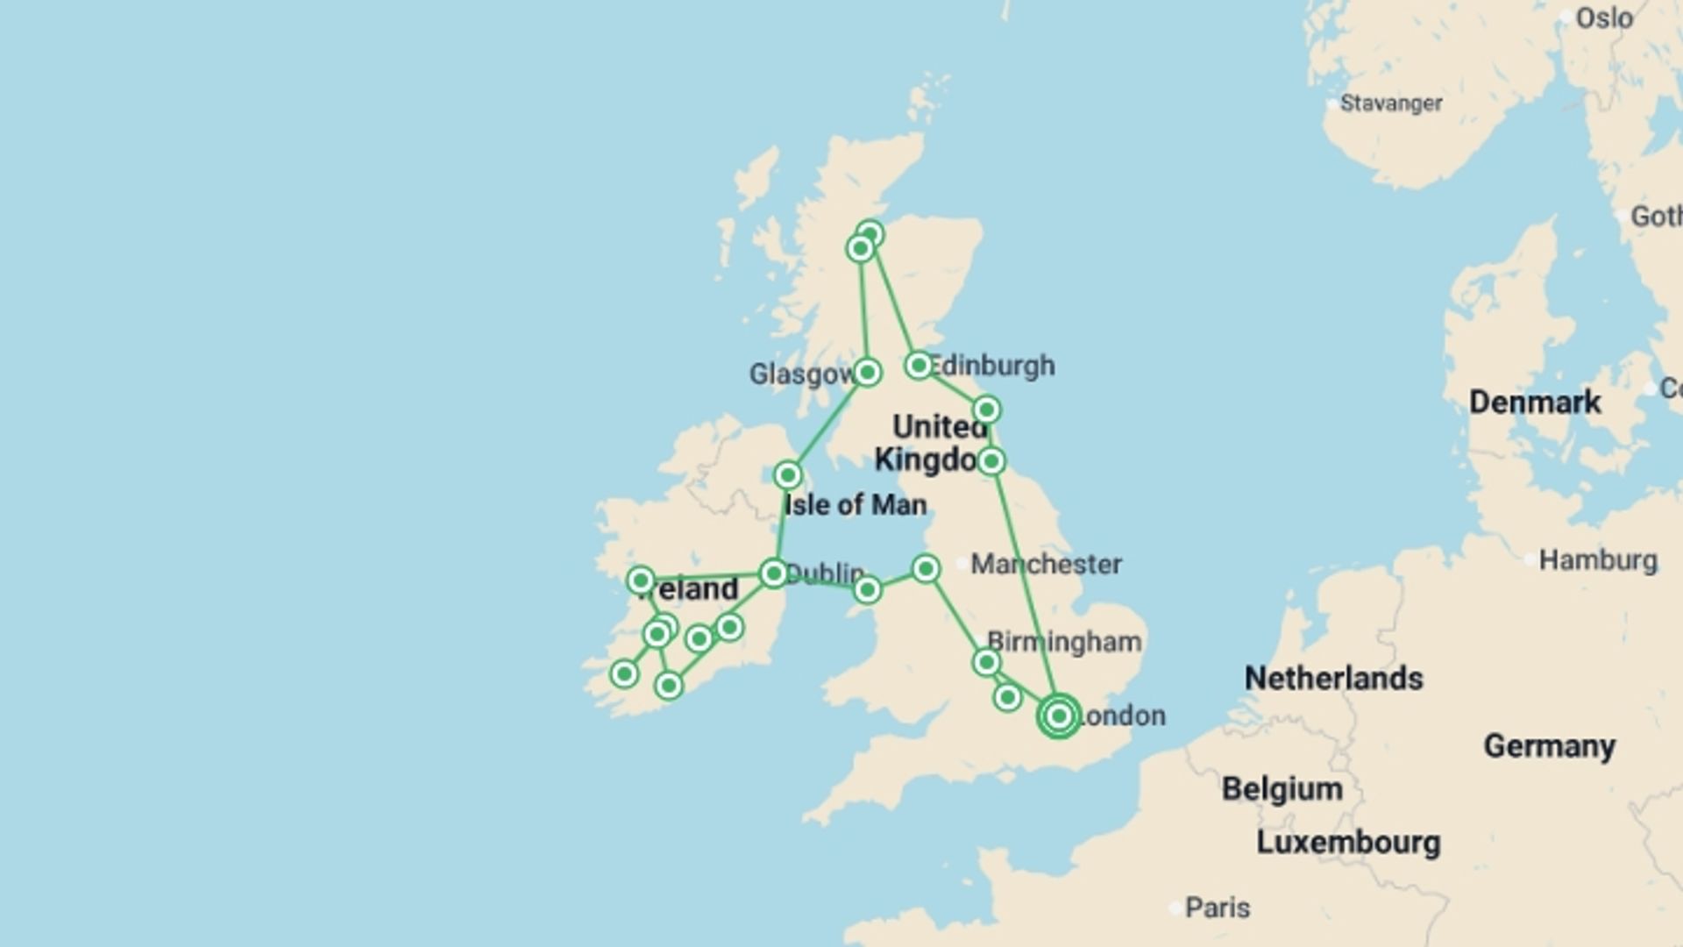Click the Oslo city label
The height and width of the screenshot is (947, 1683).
pos(1604,18)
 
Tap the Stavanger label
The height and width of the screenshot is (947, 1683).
pos(1391,103)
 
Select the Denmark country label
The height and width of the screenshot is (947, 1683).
pos(1535,402)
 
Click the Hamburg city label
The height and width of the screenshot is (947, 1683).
pos(1598,560)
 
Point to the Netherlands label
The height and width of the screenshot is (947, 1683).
pos(1333,678)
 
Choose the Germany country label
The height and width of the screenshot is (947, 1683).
pos(1549,746)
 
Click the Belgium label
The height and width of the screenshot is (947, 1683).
pos(1282,789)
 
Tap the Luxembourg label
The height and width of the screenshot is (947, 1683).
pos(1348,843)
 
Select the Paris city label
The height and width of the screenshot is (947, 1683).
pos(1218,908)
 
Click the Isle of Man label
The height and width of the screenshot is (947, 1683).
pos(856,505)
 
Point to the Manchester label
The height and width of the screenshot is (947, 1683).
pos(1046,564)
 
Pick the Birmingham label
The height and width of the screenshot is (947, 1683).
pos(1064,642)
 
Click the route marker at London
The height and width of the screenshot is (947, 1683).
pos(1059,716)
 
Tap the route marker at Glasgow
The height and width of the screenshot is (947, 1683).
pos(867,373)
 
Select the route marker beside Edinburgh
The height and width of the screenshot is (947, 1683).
pos(919,365)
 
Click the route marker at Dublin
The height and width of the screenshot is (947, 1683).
pos(773,573)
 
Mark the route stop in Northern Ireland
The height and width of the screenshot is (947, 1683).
pos(787,475)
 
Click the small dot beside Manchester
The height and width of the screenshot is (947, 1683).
pos(962,564)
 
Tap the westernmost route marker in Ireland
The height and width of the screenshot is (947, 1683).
pos(624,674)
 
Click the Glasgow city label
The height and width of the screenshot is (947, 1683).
pos(801,374)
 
